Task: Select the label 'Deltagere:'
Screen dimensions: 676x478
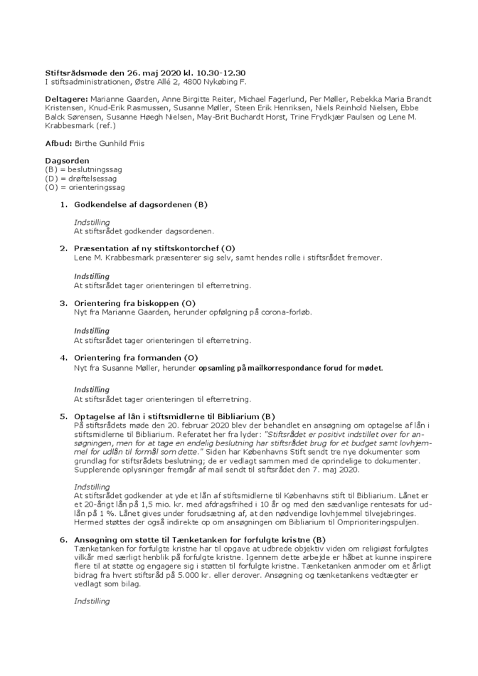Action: (x=67, y=98)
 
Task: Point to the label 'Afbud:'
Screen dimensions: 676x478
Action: (x=59, y=143)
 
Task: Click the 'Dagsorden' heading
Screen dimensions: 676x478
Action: (x=67, y=162)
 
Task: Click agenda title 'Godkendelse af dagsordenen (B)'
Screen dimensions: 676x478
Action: (x=141, y=205)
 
